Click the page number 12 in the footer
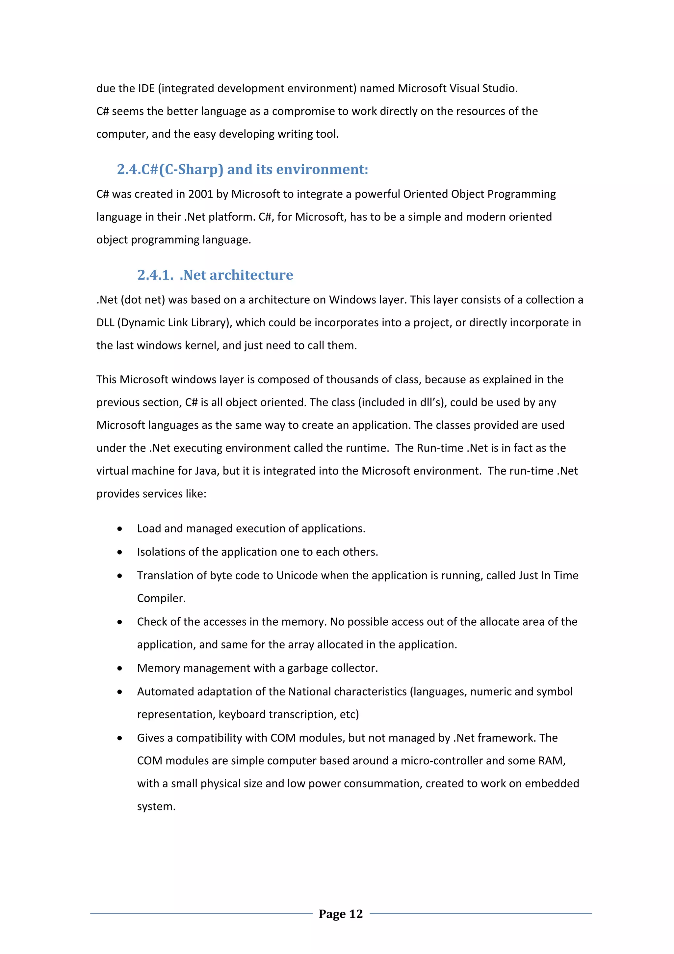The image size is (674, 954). click(355, 914)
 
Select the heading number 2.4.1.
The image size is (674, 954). click(155, 275)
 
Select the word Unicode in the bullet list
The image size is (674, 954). click(297, 576)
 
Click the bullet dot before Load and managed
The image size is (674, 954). click(119, 529)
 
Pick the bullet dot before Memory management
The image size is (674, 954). click(119, 668)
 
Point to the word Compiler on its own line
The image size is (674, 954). click(161, 598)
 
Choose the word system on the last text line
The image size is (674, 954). click(156, 807)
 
